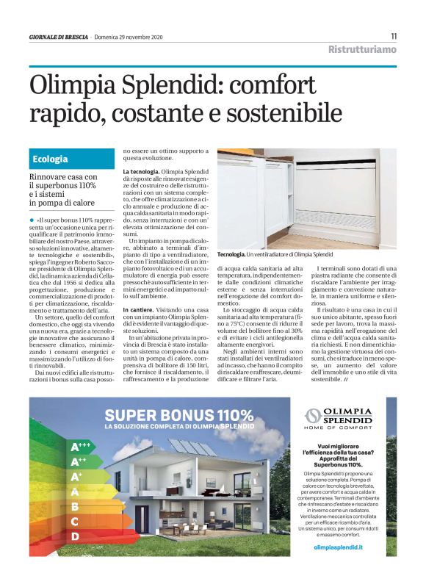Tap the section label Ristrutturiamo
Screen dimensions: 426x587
362,50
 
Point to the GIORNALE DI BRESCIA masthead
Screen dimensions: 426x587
59,36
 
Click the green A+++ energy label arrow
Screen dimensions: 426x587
80,447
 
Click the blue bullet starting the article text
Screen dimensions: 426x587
32,219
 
